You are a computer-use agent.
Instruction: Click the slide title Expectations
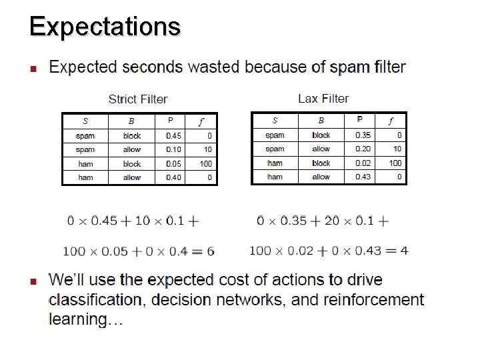pos(105,27)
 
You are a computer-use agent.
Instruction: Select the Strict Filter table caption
pos(138,99)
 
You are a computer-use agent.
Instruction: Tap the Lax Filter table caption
pos(323,99)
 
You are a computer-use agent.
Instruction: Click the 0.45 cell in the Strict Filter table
pos(173,135)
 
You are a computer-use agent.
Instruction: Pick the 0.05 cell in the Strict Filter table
pos(173,163)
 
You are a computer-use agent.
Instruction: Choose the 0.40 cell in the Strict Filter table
pos(173,177)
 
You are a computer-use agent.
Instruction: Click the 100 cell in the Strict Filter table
pos(205,163)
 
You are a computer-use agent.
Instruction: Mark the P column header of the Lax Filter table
pos(360,120)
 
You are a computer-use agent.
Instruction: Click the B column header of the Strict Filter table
pos(131,121)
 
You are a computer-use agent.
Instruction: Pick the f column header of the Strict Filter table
pos(203,121)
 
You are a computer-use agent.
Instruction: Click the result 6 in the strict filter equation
pos(211,251)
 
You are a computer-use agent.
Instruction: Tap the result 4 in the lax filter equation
pos(404,251)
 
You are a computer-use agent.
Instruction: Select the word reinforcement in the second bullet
pos(373,300)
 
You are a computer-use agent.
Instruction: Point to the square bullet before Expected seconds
pos(33,68)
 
